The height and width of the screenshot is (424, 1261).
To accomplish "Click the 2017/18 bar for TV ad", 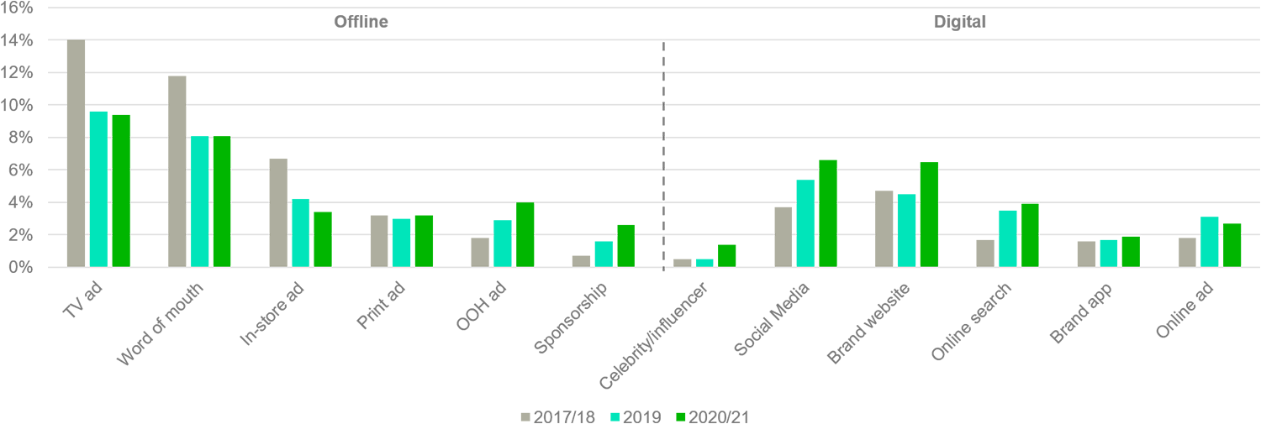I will (x=77, y=154).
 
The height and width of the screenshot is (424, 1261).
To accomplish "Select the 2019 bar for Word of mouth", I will (x=199, y=202).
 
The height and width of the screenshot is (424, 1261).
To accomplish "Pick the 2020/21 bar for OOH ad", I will (x=525, y=235).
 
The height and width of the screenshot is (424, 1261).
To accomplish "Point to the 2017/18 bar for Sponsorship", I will (x=581, y=261).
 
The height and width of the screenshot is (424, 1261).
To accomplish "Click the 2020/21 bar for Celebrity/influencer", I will (x=726, y=256).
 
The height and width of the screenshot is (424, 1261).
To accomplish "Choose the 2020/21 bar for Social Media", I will (x=827, y=214).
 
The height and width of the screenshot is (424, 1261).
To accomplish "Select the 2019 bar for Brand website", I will (x=906, y=231).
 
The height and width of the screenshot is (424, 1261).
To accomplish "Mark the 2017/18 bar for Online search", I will (x=985, y=254).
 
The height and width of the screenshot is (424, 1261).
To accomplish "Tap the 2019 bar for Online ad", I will (x=1210, y=242).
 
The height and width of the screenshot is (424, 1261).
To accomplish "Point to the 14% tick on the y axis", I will (x=17, y=40).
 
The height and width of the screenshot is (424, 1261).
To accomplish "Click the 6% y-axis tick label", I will (x=20, y=170).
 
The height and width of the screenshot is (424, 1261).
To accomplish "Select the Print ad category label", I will (x=383, y=306).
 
